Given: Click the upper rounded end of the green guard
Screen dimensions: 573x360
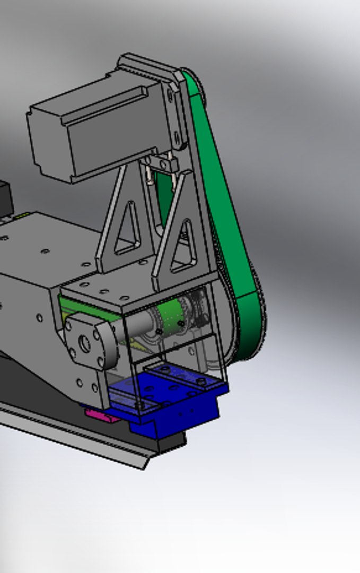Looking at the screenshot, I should click(x=194, y=85).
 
